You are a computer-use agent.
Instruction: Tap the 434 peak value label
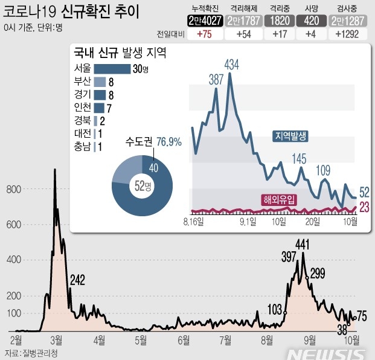[x=231, y=64]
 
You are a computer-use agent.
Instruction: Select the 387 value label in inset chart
[x=216, y=79]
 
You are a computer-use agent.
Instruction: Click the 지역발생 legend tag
[x=290, y=137]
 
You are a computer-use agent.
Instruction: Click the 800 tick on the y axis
[x=14, y=190]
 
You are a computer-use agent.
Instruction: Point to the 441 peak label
[x=303, y=244]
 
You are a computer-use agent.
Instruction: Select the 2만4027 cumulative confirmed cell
[x=204, y=21]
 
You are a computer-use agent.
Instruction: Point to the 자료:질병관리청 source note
[x=30, y=353]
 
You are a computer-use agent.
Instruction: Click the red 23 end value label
[x=365, y=208]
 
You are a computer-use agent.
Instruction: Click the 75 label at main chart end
[x=362, y=315]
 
